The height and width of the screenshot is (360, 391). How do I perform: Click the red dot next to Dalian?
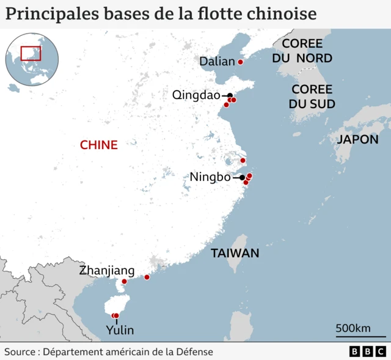coord(240,62)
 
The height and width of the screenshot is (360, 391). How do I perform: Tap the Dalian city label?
coord(217,62)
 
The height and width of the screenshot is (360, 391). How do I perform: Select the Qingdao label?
coord(195,95)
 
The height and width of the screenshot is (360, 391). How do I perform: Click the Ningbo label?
coord(210,177)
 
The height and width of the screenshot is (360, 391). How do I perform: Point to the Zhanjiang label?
coord(106,271)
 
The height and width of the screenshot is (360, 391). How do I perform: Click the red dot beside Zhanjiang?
coord(124,282)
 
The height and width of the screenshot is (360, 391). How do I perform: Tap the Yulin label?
coord(119,330)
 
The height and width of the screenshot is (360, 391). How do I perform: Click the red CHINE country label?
coord(98,145)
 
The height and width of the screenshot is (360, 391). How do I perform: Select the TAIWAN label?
coord(235,253)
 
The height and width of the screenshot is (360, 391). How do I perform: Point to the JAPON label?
coord(357,139)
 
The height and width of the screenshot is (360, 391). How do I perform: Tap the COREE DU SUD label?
coord(312,97)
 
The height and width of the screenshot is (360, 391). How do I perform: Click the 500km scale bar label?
coord(353,328)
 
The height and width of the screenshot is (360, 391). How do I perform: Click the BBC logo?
coord(367,352)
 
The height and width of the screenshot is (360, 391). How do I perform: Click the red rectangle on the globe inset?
coord(31,53)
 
